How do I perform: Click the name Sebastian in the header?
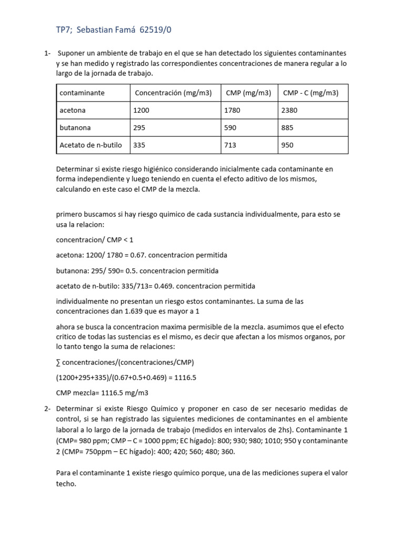click(x=95, y=30)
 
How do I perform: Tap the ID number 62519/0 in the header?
click(x=156, y=30)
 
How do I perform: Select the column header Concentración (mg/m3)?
click(x=173, y=93)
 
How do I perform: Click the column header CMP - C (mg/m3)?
click(x=311, y=93)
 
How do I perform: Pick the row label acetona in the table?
click(x=73, y=111)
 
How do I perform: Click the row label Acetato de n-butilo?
click(x=93, y=145)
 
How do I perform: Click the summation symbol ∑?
click(x=58, y=363)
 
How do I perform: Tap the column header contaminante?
click(x=82, y=93)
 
